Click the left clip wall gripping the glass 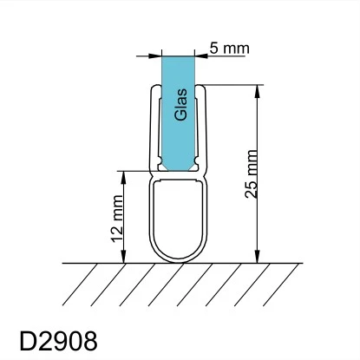[x=157, y=130]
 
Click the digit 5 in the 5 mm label [x=215, y=48]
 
